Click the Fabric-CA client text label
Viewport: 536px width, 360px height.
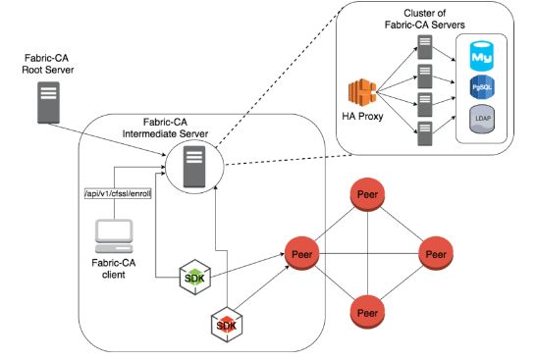[x=114, y=268]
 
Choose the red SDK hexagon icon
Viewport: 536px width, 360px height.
[x=228, y=323]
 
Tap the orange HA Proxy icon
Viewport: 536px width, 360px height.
[x=363, y=93]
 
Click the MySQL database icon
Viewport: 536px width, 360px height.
[x=482, y=55]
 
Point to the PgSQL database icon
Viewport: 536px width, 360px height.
[x=482, y=88]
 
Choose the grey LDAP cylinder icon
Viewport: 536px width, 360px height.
[x=482, y=122]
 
